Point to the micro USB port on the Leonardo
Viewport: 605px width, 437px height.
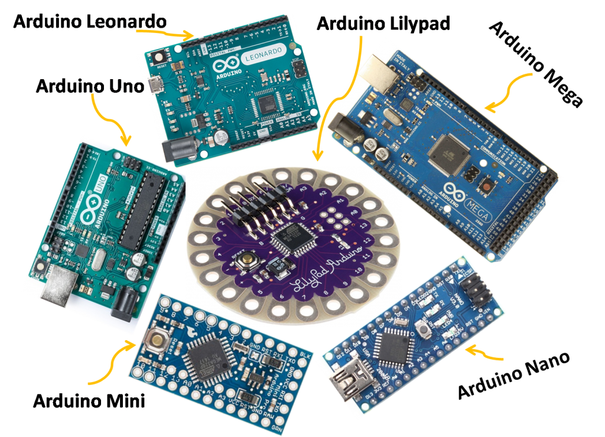pos(156,84)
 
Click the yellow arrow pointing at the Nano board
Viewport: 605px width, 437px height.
pos(484,354)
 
